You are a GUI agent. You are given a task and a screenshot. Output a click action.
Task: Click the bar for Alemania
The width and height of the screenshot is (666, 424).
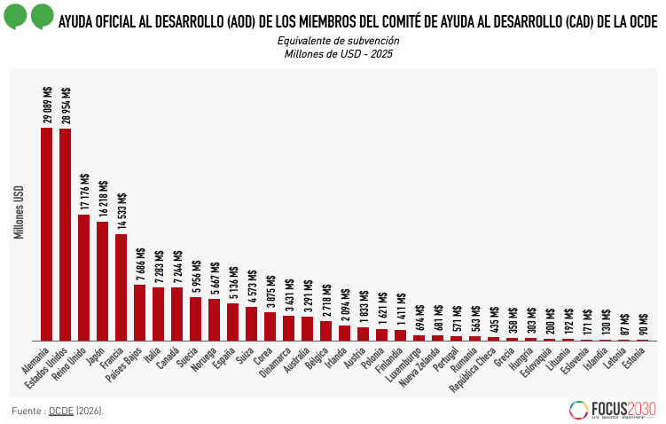tap(47, 234)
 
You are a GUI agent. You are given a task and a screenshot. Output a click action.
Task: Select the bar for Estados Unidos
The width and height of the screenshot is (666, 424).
tap(66, 234)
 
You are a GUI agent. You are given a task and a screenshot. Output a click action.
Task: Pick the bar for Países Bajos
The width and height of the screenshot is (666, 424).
tap(140, 312)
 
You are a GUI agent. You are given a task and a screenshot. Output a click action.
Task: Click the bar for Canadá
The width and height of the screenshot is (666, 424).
tap(177, 313)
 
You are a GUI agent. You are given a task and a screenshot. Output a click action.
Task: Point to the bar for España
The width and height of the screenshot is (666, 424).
tap(232, 322)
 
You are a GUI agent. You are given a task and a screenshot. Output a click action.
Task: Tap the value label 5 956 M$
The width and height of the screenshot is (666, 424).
tap(195, 277)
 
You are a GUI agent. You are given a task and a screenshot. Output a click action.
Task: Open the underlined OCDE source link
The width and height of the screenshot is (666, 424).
tap(61, 411)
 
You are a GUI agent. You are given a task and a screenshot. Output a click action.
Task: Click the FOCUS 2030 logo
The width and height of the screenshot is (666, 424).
tap(612, 409)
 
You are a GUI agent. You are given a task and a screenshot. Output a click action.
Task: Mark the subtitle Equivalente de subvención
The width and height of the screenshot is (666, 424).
tap(338, 41)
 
